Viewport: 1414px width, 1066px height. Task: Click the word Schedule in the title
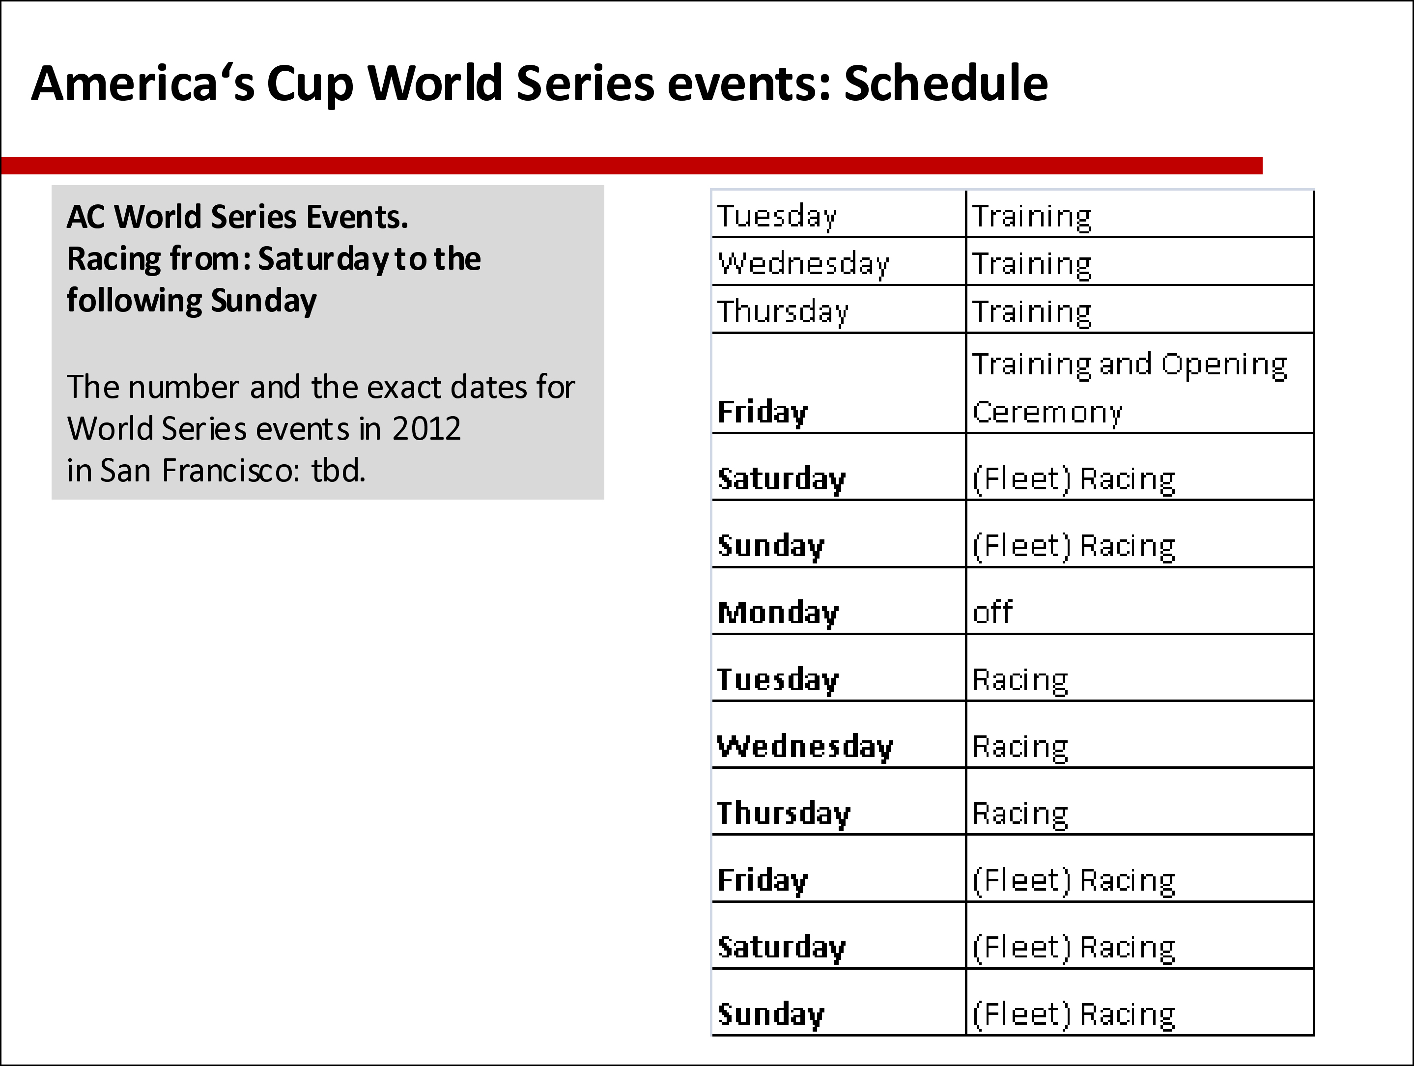coord(946,83)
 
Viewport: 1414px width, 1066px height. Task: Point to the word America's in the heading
coord(142,83)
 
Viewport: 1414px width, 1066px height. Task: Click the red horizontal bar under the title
coord(631,166)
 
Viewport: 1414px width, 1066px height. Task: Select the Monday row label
coord(777,614)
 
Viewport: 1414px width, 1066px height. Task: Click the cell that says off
coord(992,612)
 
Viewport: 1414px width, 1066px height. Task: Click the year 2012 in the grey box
coord(426,429)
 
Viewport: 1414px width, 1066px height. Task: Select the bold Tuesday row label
coord(777,681)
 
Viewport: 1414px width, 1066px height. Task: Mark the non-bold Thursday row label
coord(783,312)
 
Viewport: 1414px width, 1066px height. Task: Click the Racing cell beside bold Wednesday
coord(1020,747)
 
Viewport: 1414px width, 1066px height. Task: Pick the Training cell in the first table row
coord(1032,217)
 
